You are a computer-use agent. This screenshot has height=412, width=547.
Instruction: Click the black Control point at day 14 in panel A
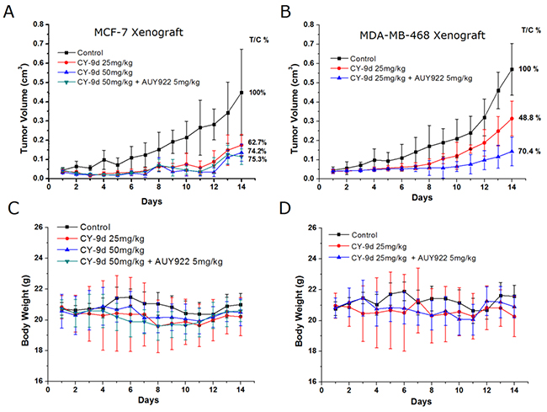[242, 92]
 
